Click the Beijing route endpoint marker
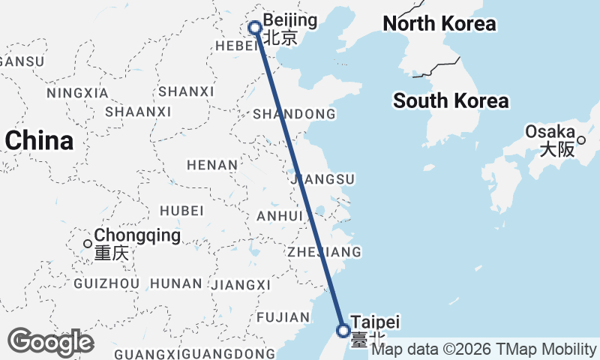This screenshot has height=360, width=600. click(x=255, y=28)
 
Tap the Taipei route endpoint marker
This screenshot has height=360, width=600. click(x=343, y=330)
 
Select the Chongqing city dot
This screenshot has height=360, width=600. click(x=88, y=243)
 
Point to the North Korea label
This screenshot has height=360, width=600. click(x=439, y=24)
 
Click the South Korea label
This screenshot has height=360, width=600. click(x=451, y=100)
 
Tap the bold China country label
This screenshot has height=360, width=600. click(x=40, y=140)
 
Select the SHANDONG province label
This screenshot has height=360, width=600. click(x=294, y=114)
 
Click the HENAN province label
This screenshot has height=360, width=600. click(x=212, y=164)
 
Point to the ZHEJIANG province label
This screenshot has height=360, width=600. click(x=324, y=251)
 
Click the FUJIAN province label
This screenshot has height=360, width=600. click(x=282, y=317)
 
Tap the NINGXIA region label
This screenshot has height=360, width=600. click(x=77, y=93)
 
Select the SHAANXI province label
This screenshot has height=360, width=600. click(x=138, y=112)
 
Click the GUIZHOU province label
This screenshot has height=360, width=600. click(x=106, y=283)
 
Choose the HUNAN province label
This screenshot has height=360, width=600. click(x=176, y=283)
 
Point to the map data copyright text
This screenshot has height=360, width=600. click(x=484, y=349)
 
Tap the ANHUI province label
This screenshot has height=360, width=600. click(x=278, y=216)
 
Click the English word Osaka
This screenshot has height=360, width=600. click(x=550, y=131)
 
